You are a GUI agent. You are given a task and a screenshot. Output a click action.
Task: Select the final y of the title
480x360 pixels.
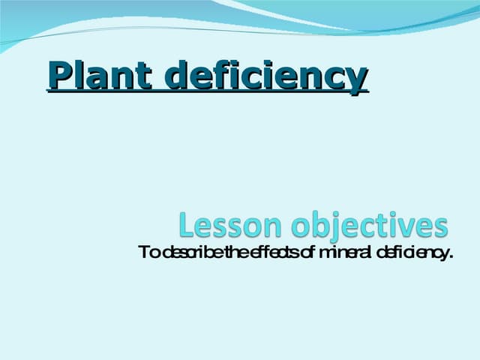359,80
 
